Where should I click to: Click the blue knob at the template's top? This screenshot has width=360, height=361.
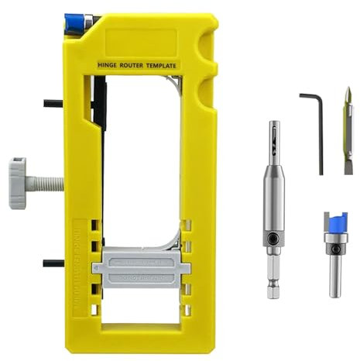point(77,22)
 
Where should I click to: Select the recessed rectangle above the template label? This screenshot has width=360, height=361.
point(143,38)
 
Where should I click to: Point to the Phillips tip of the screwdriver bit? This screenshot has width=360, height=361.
point(348,96)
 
